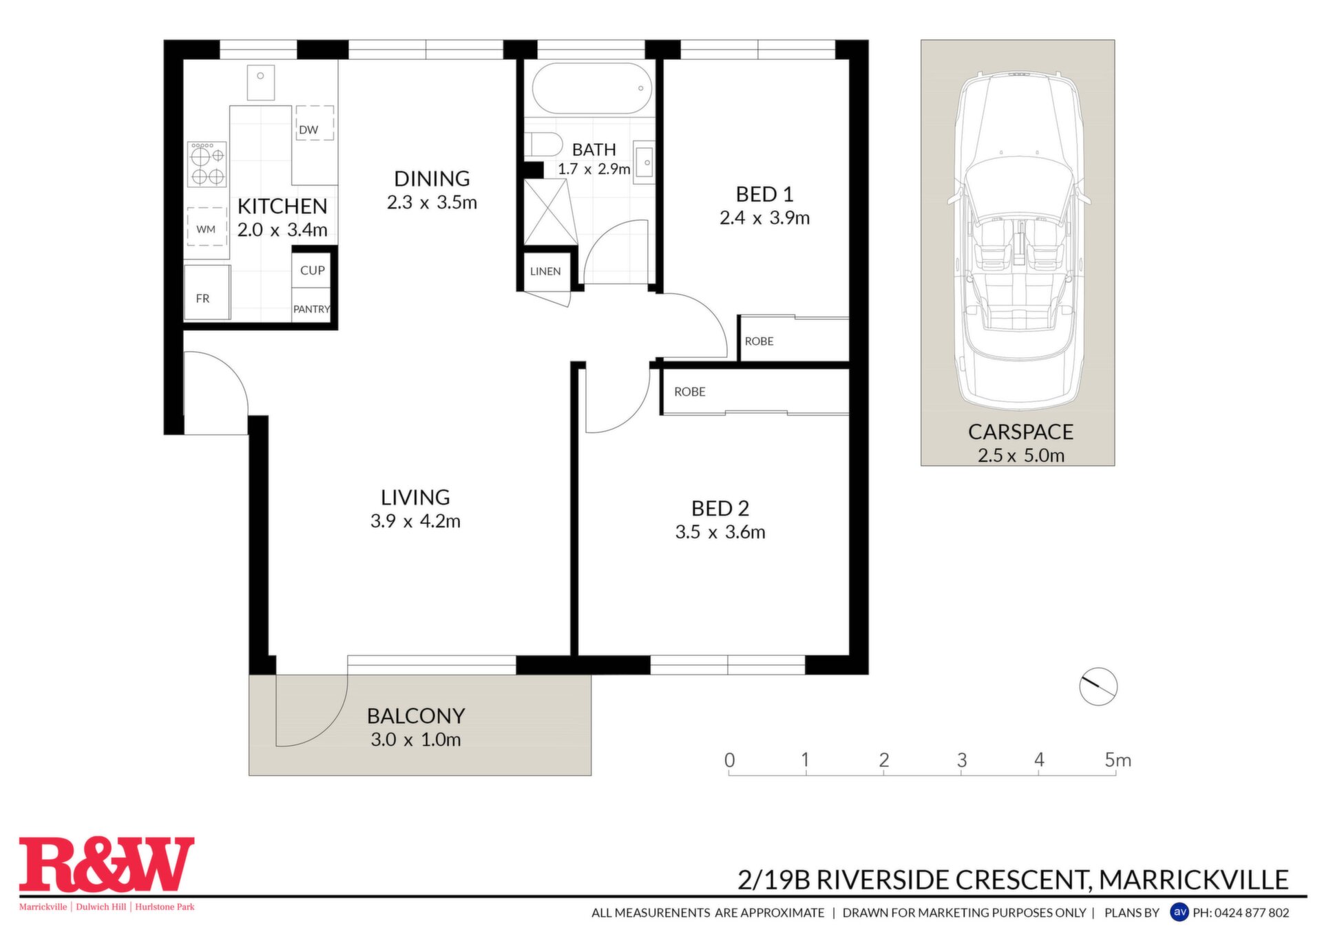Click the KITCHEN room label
tap(282, 206)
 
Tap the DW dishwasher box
tap(315, 123)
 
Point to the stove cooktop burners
tap(207, 164)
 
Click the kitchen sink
tap(261, 82)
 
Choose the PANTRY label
tap(312, 309)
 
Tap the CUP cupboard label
tap(313, 270)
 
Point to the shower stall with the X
tap(550, 212)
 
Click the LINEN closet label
tap(545, 271)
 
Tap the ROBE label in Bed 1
tap(759, 341)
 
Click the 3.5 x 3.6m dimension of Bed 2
tap(720, 532)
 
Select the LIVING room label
tap(415, 497)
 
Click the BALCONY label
tap(416, 716)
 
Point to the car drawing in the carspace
tap(1018, 242)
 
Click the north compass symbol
tap(1098, 686)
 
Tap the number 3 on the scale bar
tap(962, 760)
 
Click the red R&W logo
tap(107, 864)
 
